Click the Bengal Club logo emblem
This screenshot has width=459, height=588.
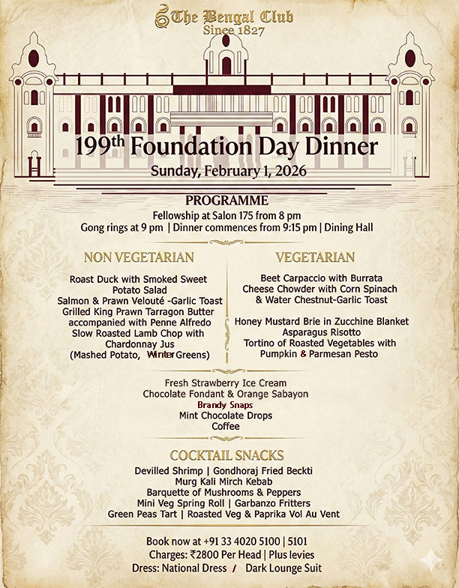161,15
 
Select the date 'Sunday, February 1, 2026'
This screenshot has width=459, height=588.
229,171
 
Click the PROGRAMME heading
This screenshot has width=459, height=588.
226,200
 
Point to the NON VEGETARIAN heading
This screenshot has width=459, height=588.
139,257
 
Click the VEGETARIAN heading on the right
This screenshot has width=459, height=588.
315,257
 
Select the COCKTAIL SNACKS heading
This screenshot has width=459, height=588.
226,455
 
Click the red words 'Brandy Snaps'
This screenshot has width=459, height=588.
225,404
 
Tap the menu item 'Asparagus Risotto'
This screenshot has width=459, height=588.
322,331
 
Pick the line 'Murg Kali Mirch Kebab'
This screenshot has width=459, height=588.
224,481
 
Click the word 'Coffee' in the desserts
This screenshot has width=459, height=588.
225,426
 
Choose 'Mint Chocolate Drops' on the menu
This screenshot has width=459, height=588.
226,415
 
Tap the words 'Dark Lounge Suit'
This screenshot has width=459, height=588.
283,568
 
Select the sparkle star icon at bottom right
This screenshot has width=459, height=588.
431,559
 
